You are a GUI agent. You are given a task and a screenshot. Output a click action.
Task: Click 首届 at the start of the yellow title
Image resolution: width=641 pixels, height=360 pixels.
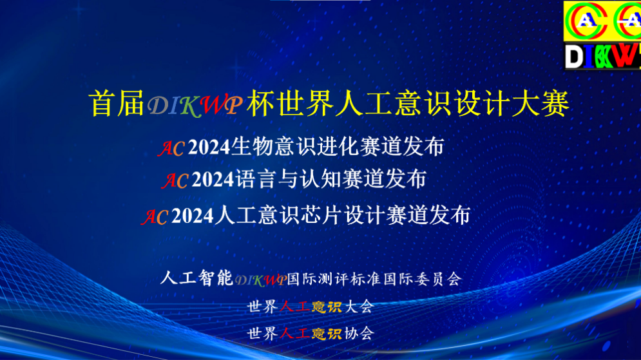click(117, 103)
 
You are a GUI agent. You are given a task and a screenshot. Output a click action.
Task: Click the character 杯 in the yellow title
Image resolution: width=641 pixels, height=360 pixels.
click(260, 103)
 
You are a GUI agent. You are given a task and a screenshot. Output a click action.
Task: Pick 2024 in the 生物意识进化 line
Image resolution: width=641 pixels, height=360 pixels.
click(209, 147)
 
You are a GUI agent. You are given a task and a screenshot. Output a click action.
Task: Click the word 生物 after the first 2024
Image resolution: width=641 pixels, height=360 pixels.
click(252, 146)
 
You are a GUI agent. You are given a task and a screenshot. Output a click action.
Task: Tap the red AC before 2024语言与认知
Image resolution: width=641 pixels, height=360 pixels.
click(175, 180)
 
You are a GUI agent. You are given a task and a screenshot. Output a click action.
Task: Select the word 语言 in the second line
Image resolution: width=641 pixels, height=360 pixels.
click(256, 180)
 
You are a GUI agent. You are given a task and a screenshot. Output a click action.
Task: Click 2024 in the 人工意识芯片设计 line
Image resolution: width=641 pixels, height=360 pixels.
click(192, 216)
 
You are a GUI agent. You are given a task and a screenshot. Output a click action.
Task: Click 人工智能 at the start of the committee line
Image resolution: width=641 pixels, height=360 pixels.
click(196, 278)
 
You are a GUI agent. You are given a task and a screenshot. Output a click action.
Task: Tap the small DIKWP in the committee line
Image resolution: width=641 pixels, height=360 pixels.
click(260, 280)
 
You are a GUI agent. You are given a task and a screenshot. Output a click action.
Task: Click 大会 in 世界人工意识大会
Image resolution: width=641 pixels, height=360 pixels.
click(359, 307)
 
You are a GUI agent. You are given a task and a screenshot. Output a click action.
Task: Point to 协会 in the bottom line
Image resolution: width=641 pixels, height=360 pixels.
click(359, 334)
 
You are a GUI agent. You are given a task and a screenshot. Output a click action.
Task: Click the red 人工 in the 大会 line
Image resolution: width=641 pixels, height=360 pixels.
click(295, 307)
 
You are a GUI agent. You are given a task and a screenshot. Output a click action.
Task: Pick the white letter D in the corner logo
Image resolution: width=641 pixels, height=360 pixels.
click(575, 57)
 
